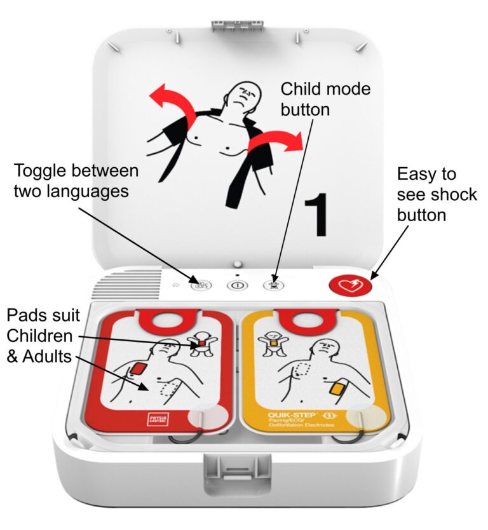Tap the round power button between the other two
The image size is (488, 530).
click(236, 285)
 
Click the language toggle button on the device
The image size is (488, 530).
click(199, 285)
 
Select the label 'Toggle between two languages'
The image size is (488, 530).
click(76, 180)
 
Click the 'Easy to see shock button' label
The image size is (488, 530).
click(436, 194)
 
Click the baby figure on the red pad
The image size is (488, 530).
click(201, 344)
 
